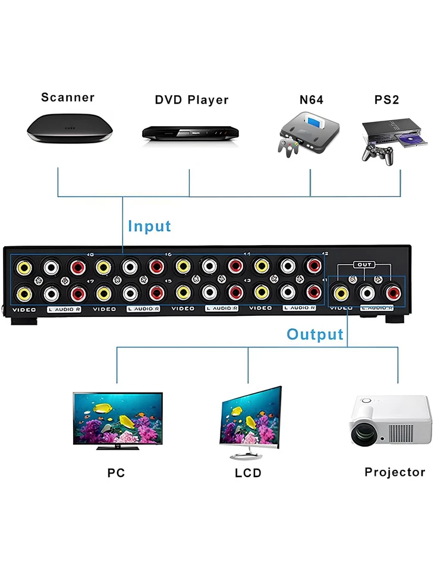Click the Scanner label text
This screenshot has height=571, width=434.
(x=68, y=98)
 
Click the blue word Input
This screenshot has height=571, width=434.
(x=149, y=226)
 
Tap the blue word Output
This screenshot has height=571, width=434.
(x=315, y=334)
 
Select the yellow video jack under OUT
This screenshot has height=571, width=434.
(x=341, y=292)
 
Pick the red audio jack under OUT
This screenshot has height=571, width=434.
(x=392, y=292)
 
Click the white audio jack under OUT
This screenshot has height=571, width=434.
(x=366, y=292)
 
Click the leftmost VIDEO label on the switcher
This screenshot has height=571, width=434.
(x=24, y=309)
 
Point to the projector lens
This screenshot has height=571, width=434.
(x=363, y=434)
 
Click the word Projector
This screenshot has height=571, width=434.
(x=395, y=472)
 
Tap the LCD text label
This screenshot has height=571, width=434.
(x=248, y=473)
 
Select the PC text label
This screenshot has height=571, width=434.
(x=116, y=473)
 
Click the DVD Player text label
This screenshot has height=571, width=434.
(x=191, y=100)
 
